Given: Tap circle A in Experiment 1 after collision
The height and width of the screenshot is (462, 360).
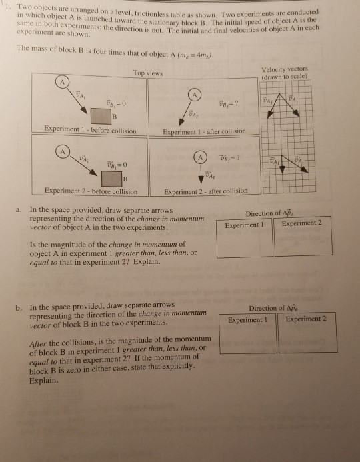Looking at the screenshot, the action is (193, 93).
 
